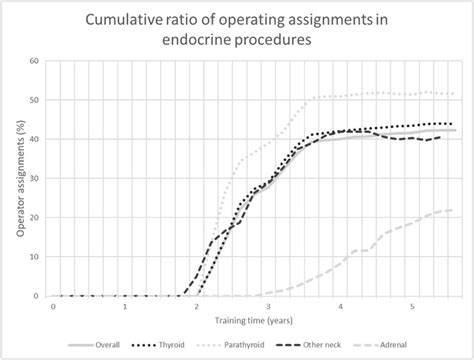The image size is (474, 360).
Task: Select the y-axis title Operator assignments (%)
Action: click(x=21, y=178)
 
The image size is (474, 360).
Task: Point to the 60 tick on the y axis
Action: click(x=36, y=61)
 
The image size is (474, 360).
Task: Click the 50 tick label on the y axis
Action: click(x=36, y=100)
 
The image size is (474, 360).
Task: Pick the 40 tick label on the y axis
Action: click(x=36, y=139)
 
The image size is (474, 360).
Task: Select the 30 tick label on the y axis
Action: click(x=36, y=178)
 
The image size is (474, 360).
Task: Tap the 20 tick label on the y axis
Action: click(x=36, y=217)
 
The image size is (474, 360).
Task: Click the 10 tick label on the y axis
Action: click(x=36, y=257)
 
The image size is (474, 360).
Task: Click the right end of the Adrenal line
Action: click(x=452, y=210)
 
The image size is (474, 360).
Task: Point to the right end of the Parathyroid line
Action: click(x=452, y=94)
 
